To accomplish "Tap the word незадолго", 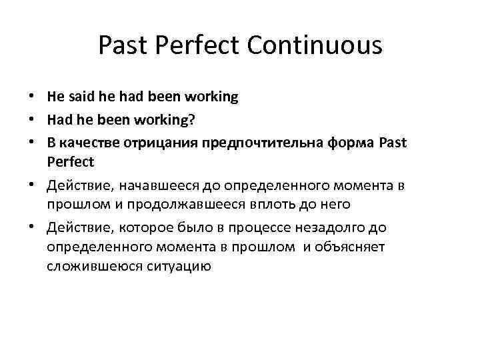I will coord(329,228).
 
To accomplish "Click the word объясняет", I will coord(351,247).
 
